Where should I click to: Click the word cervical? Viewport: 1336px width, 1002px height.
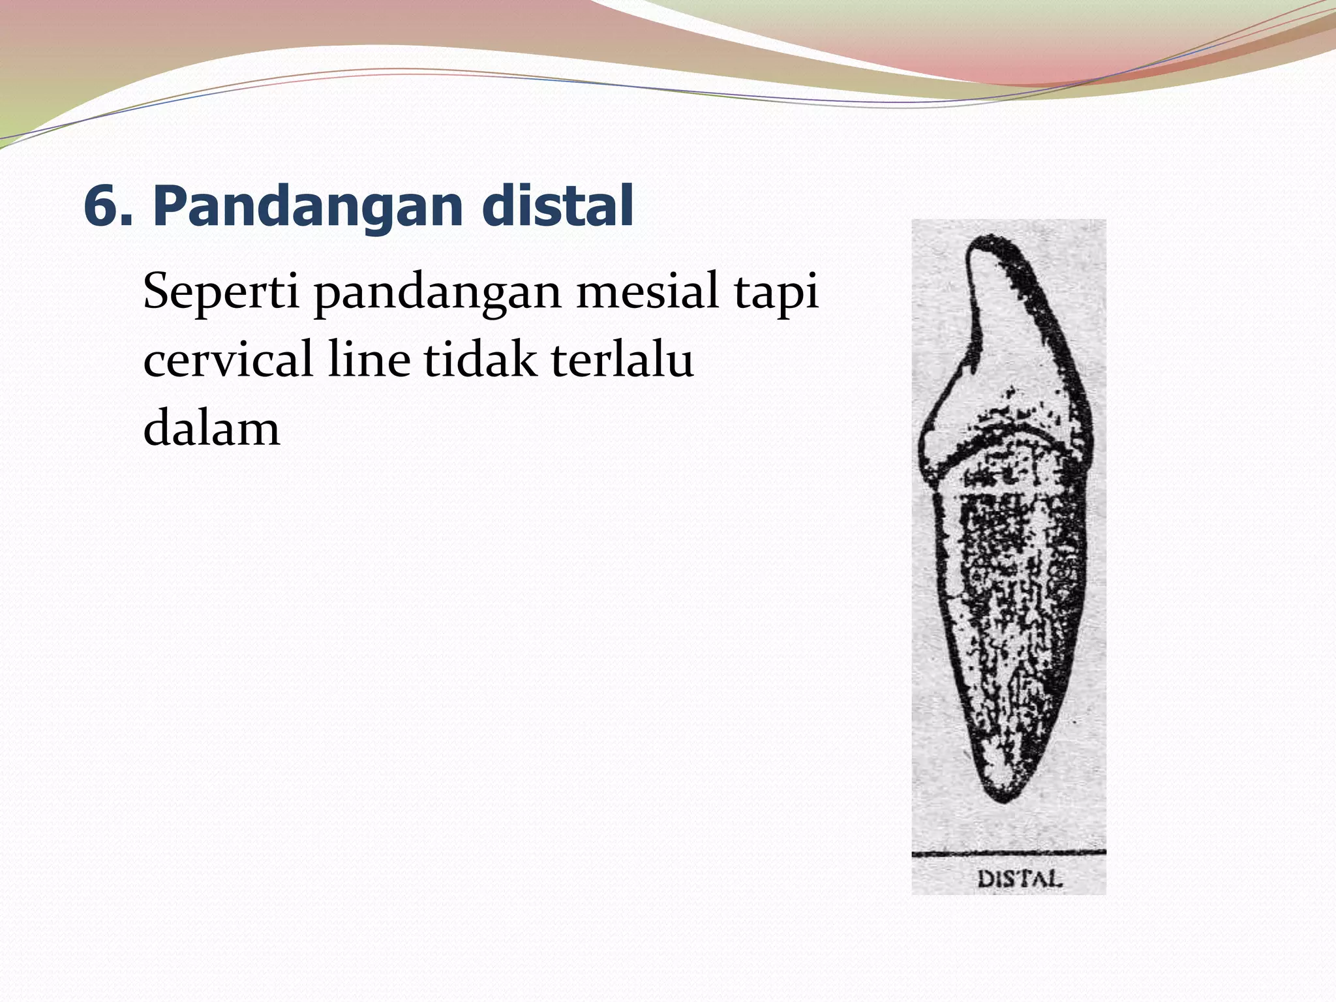coord(228,360)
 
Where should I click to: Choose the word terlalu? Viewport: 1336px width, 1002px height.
coord(622,360)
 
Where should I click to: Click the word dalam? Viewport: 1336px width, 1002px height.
coord(211,429)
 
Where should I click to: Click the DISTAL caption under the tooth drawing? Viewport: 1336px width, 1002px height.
coord(1020,879)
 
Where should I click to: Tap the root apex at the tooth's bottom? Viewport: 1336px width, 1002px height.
coord(1005,797)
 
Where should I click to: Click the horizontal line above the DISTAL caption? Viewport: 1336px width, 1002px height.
coord(1009,853)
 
